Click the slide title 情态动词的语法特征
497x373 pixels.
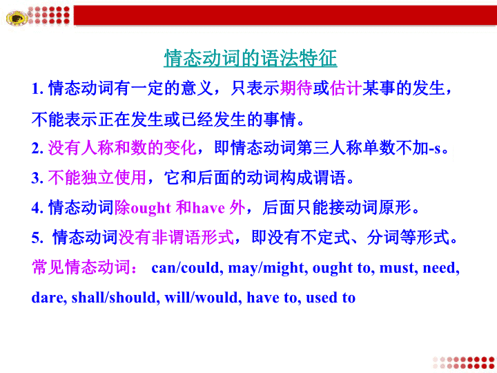(x=251, y=58)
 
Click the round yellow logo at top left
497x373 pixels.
(x=17, y=17)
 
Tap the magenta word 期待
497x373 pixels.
(x=296, y=88)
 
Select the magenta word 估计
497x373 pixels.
(x=346, y=88)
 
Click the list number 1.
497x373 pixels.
(x=37, y=89)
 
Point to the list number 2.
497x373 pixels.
(x=37, y=149)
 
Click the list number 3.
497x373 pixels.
(x=37, y=178)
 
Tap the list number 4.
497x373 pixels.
(x=37, y=208)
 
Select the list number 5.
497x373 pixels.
(x=37, y=238)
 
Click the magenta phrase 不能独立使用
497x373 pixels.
(x=97, y=178)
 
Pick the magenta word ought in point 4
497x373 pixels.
(x=151, y=209)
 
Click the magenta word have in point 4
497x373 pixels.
(x=209, y=209)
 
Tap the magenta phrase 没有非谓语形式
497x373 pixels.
(x=176, y=237)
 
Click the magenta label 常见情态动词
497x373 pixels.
(x=81, y=267)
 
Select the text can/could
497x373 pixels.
(x=186, y=268)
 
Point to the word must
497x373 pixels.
(x=398, y=268)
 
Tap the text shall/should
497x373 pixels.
(x=114, y=298)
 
